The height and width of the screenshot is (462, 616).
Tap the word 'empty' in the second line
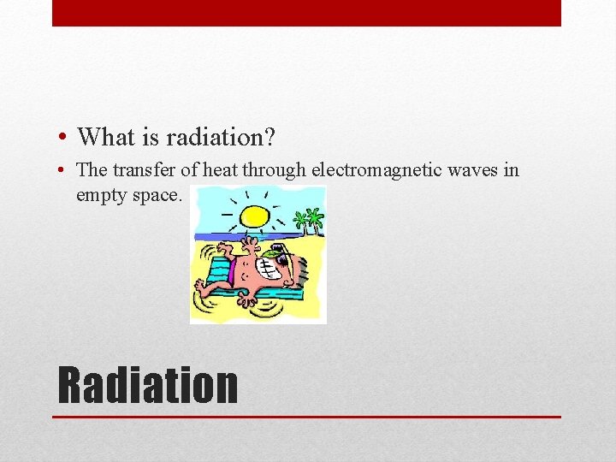pos(101,194)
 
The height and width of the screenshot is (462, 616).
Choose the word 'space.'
pos(157,194)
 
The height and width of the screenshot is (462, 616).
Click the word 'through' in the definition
pos(273,170)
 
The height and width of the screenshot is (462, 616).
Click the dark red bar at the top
pos(306,13)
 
